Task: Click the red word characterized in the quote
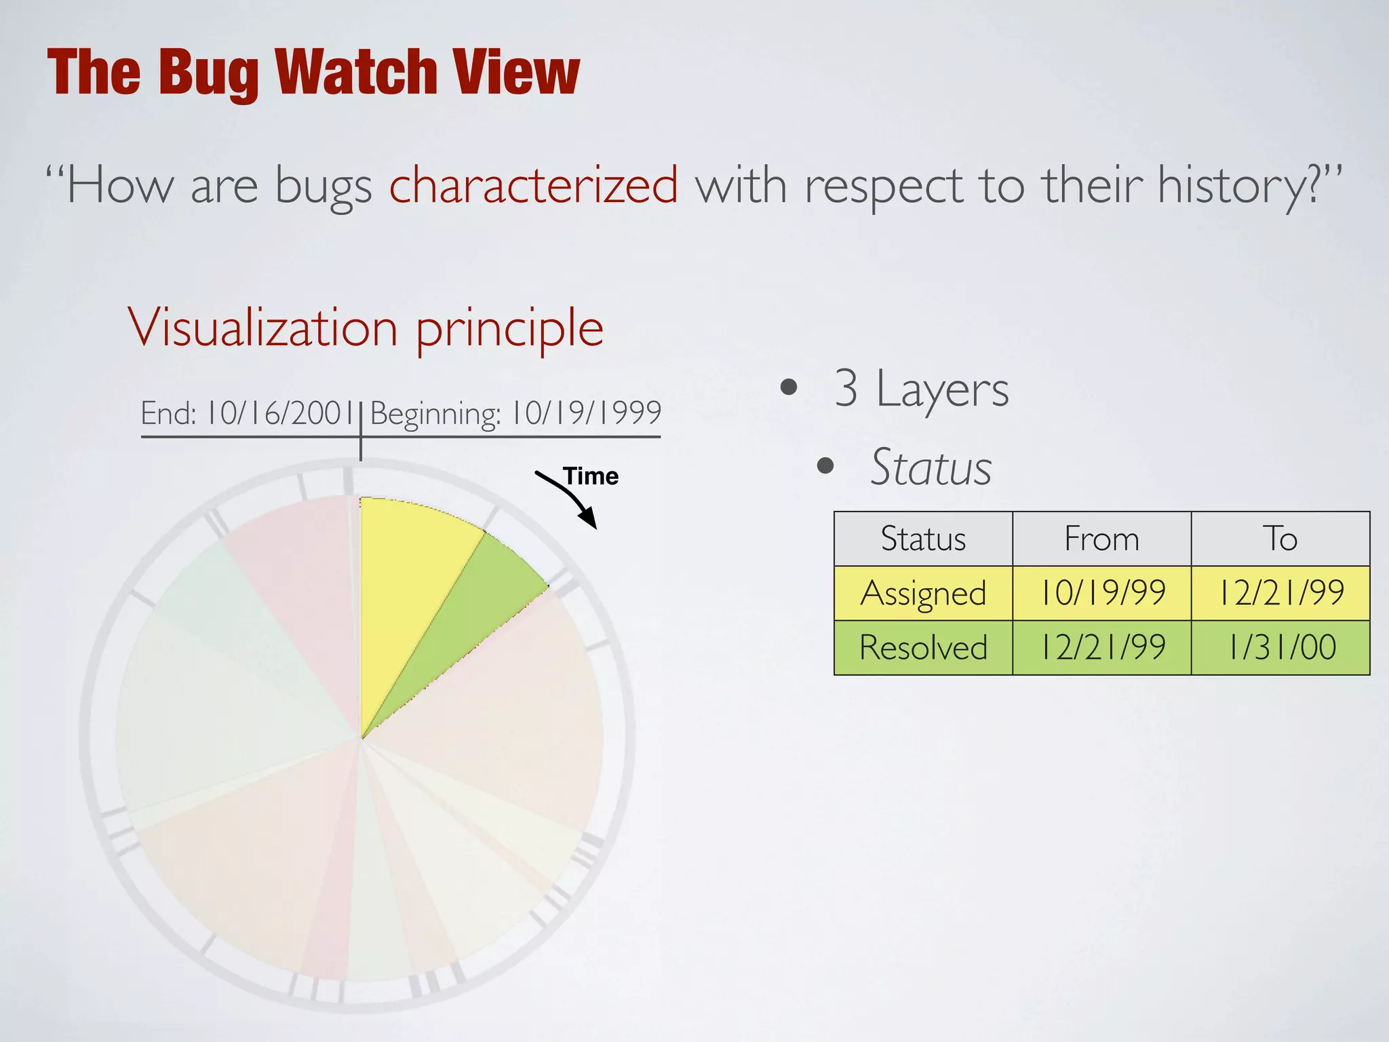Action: [534, 185]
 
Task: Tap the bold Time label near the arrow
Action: [591, 476]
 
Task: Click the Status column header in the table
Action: [923, 539]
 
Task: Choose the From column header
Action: [1101, 539]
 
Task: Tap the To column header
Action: [1280, 539]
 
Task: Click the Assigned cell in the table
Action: [923, 593]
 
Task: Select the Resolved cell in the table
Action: [923, 647]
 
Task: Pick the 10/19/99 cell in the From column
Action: [1101, 593]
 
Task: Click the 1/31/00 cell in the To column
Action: [1280, 647]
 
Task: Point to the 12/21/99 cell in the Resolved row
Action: [1101, 647]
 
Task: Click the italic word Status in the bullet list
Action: [931, 467]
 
